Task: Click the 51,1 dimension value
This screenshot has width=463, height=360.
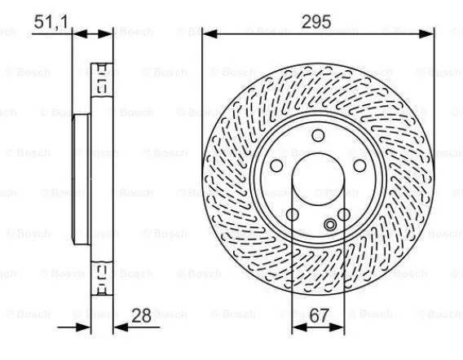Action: pos(51,22)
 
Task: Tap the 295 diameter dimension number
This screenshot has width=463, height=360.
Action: pos(316,22)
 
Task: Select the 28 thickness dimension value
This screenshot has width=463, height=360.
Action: pos(141,316)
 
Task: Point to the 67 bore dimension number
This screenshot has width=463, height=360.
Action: pos(320,316)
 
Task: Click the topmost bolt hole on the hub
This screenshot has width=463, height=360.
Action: pos(318,135)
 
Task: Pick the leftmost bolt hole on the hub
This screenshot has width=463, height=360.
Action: pos(276,165)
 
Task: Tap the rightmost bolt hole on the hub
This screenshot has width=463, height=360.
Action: pos(359,165)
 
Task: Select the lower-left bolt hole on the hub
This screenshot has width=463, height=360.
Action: pos(293,214)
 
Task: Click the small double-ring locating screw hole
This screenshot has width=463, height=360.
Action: pos(330,225)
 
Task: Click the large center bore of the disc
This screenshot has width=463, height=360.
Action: pos(318,179)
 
